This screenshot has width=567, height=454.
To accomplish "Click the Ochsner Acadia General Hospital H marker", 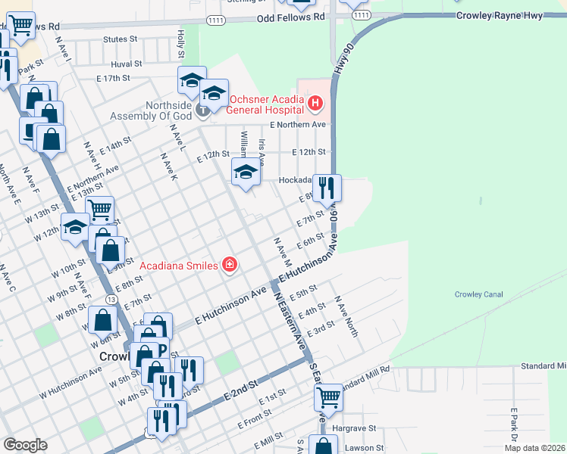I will pos(315,102).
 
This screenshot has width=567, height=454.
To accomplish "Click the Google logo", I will pos(25,445).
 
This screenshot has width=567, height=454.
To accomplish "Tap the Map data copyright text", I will pos(534,448).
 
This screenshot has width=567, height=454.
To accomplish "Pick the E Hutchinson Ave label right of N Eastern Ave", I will pos(306,269).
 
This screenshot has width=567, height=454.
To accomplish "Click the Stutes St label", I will pos(121,39).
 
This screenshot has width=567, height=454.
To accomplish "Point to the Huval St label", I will pos(126,64).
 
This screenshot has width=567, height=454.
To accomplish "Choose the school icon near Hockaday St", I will pos(245,173).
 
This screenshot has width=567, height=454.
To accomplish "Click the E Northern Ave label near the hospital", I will pos(299,124).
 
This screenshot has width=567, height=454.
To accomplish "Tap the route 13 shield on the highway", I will pos(111,300).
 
